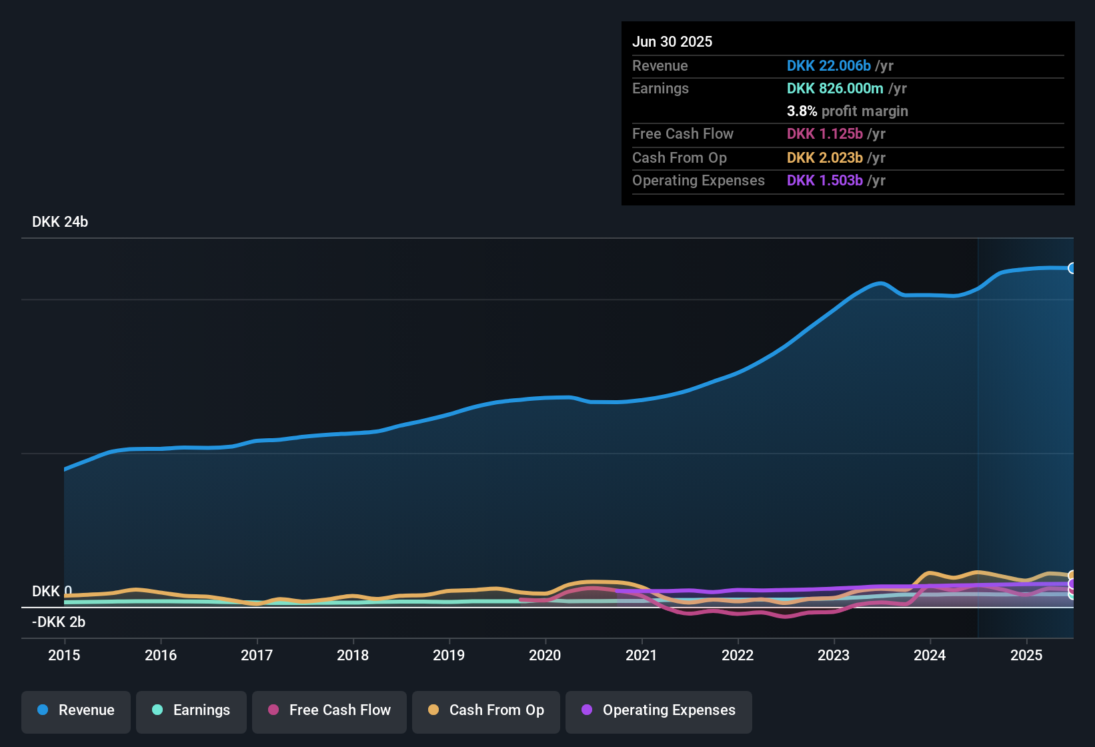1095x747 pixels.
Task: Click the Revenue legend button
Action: [x=76, y=710]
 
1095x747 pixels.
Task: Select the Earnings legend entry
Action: [x=191, y=710]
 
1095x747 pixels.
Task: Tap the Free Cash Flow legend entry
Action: [x=329, y=710]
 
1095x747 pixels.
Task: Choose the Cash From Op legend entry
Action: [x=486, y=710]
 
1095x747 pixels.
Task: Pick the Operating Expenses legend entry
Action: [x=659, y=710]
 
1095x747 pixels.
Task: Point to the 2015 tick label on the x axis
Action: [x=64, y=655]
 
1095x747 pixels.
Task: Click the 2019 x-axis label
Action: [x=449, y=655]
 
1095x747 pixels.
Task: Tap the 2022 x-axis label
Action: [x=738, y=655]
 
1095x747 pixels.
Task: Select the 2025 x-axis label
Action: [x=1026, y=655]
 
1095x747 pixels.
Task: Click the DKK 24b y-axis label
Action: [x=60, y=222]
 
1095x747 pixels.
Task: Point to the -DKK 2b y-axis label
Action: [x=59, y=622]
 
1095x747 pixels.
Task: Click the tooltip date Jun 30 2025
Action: [x=672, y=42]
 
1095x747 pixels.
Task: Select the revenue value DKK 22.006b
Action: [x=829, y=66]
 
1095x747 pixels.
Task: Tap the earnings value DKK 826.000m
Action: [x=835, y=89]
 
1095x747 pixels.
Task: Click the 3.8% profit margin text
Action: [x=848, y=111]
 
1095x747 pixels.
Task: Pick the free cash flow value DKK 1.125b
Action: [x=825, y=134]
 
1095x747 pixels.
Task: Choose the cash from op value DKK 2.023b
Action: [x=825, y=158]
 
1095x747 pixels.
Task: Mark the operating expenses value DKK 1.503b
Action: [x=825, y=181]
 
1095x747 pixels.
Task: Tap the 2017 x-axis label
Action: [x=257, y=655]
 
